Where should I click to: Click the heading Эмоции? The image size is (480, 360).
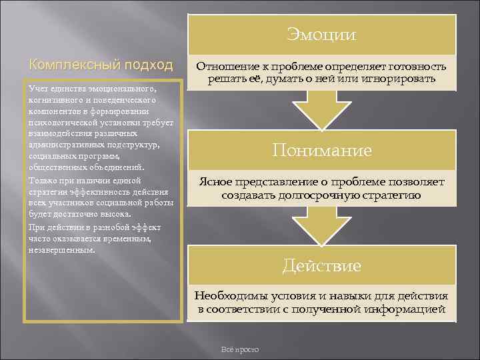pyautogui.click(x=321, y=34)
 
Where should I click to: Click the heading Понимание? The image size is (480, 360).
pyautogui.click(x=323, y=150)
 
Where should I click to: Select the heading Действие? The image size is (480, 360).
pyautogui.click(x=321, y=266)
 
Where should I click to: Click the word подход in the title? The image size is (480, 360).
pyautogui.click(x=149, y=65)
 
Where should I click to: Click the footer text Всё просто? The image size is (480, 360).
pyautogui.click(x=239, y=350)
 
